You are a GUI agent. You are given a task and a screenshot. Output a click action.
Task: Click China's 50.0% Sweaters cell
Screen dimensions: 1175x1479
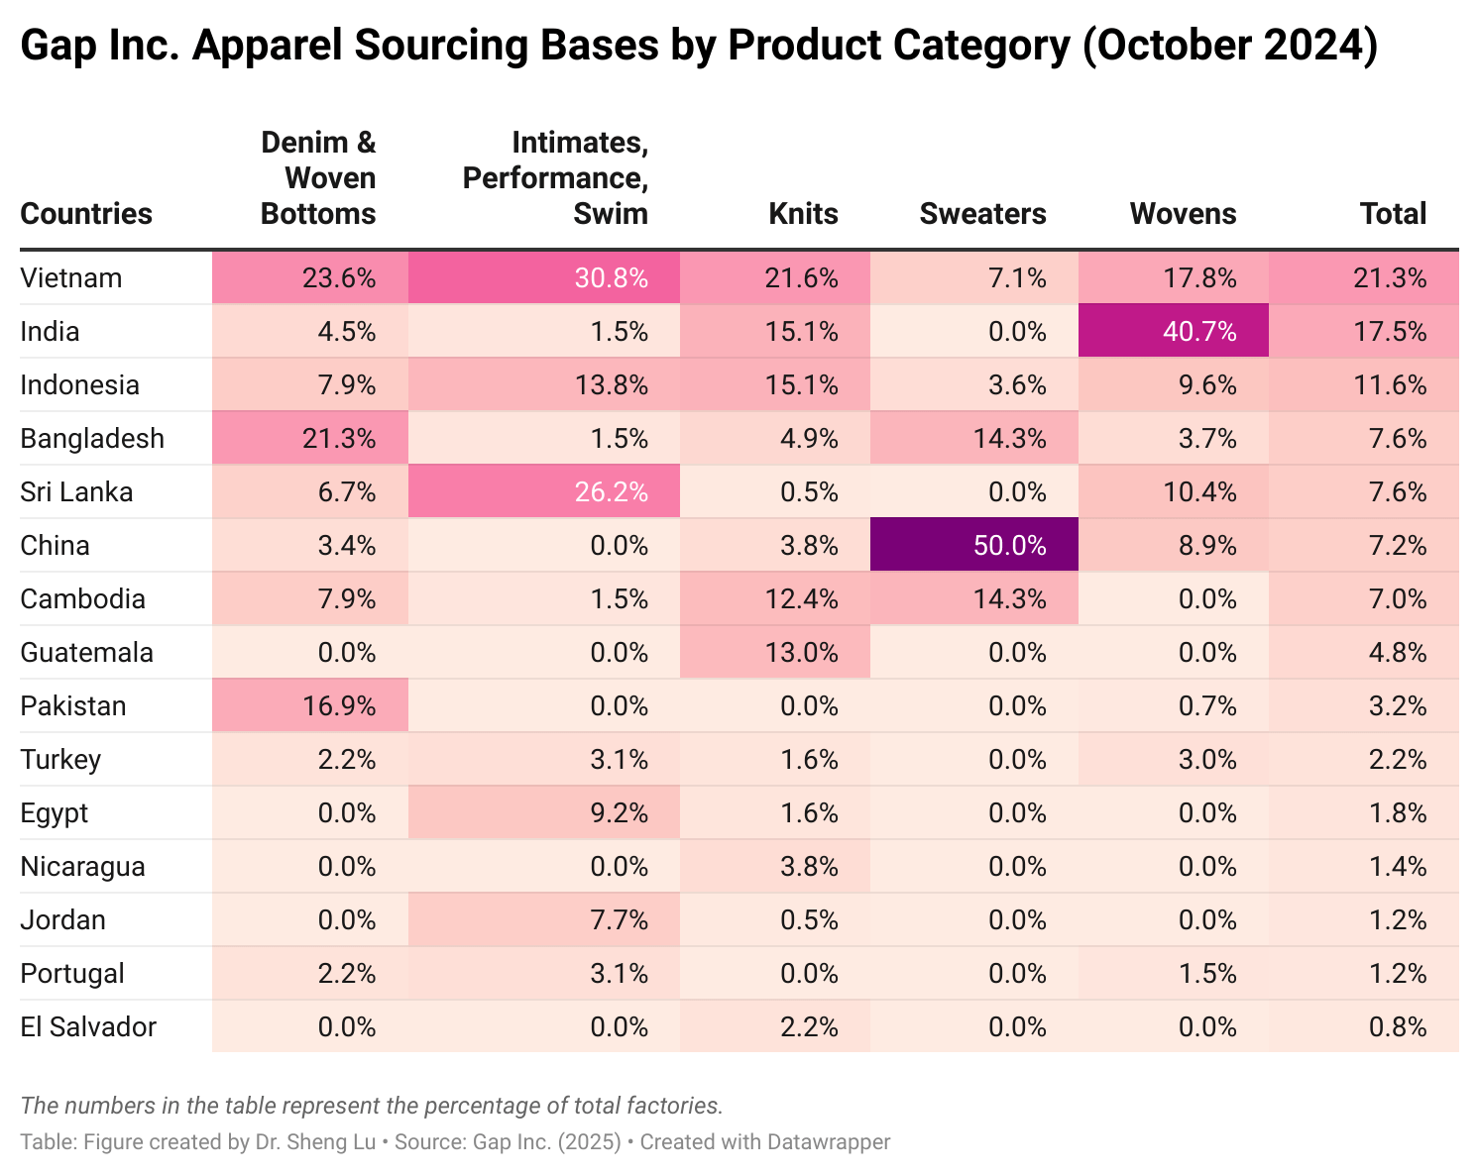[973, 545]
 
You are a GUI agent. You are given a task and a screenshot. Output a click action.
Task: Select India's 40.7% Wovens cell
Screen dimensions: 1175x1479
[1173, 331]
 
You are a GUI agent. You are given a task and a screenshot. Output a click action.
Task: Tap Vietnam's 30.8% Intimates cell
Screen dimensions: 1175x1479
[544, 277]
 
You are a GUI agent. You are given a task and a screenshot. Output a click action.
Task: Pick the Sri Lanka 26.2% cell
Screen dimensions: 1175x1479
[544, 491]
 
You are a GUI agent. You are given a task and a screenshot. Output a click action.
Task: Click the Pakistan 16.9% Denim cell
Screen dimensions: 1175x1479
[310, 705]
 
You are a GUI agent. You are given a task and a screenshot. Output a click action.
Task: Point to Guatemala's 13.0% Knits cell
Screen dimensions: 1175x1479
[774, 652]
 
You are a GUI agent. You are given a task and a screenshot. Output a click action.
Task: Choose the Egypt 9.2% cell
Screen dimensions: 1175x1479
[544, 812]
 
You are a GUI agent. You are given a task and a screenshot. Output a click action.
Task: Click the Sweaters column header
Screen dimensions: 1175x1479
[982, 213]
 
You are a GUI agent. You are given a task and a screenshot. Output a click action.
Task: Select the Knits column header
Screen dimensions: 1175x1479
[803, 213]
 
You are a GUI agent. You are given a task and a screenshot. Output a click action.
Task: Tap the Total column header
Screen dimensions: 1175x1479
[1393, 213]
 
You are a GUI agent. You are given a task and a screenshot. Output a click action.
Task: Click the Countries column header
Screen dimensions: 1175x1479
[86, 213]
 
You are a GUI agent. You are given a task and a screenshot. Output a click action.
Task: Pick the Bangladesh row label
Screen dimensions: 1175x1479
[92, 438]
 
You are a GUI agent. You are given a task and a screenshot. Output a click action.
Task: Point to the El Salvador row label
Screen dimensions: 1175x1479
[88, 1026]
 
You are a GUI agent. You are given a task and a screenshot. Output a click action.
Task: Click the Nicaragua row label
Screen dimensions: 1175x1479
[82, 866]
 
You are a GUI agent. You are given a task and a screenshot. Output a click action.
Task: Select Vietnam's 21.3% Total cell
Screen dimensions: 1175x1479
[1363, 277]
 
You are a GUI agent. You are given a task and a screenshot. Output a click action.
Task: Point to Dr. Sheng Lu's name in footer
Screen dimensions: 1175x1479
[315, 1141]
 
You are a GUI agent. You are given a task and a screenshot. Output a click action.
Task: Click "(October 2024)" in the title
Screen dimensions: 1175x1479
[1229, 45]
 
